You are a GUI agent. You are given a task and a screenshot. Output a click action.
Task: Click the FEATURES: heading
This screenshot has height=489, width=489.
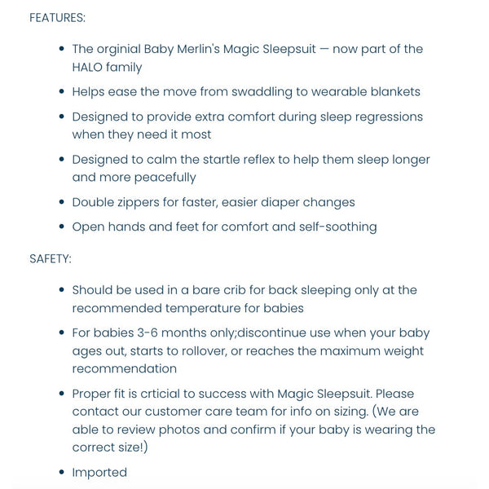57,17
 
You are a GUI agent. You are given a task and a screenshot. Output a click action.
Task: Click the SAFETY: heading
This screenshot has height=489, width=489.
51,258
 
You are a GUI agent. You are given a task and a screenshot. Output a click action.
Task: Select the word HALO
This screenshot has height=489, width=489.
91,68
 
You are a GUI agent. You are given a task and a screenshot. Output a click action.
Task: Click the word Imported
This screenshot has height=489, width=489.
99,472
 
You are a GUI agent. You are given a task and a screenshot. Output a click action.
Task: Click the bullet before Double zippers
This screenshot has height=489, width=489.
63,202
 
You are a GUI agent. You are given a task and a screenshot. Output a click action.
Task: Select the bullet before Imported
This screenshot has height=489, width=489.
63,472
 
